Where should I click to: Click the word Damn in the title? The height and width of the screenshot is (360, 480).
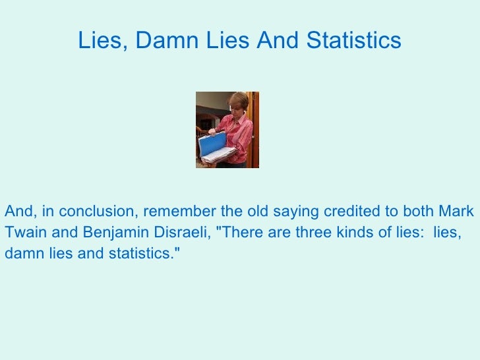[x=162, y=41]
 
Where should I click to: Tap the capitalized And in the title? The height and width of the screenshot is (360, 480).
[x=278, y=41]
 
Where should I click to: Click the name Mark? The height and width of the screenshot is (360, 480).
[x=456, y=212]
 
